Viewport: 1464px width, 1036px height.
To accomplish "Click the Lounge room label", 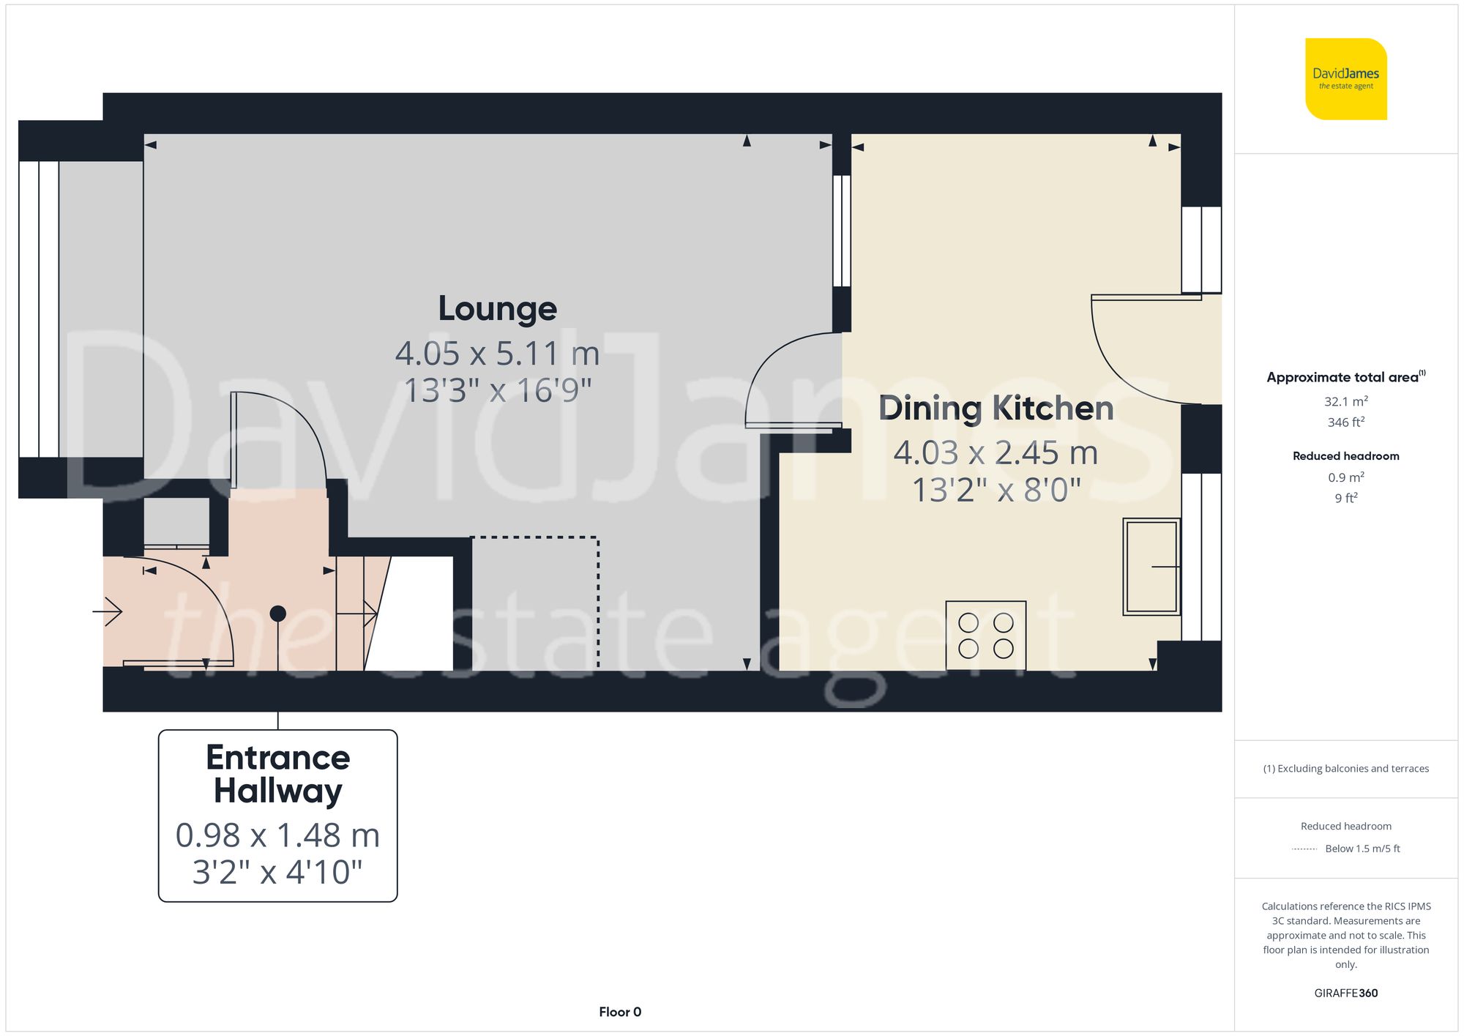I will click(x=497, y=309).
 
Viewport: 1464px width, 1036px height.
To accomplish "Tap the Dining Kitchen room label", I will click(x=996, y=409).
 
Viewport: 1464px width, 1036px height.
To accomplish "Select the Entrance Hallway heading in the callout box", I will click(x=278, y=774).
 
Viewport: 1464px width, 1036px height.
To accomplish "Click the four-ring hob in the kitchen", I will click(x=985, y=635).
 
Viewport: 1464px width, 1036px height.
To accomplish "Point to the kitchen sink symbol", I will click(x=1151, y=566).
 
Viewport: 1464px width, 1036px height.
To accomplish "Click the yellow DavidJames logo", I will click(x=1345, y=79).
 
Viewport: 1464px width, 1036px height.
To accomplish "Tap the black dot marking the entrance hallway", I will click(x=278, y=614).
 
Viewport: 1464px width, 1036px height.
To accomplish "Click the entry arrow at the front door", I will click(x=108, y=611).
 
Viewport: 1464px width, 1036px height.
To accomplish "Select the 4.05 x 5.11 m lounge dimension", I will click(x=497, y=354).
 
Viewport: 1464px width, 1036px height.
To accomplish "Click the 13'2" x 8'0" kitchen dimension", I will click(x=996, y=490).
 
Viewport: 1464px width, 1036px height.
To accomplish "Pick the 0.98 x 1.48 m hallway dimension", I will click(x=278, y=835).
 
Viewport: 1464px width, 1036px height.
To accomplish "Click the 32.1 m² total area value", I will click(x=1345, y=401).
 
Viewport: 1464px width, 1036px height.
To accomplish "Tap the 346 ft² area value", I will click(x=1345, y=422).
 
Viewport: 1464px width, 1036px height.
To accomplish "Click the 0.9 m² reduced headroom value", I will click(x=1345, y=477).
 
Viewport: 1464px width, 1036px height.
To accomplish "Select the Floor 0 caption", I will click(x=619, y=1012).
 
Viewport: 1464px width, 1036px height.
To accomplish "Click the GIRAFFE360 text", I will click(x=1345, y=993).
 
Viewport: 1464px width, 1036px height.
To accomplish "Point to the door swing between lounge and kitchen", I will click(x=791, y=381).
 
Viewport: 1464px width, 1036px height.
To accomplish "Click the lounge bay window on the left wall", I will click(x=38, y=309).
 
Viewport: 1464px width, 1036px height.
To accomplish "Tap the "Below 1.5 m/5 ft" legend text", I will click(x=1362, y=849).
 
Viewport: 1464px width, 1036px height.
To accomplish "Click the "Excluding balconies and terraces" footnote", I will click(x=1345, y=769).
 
